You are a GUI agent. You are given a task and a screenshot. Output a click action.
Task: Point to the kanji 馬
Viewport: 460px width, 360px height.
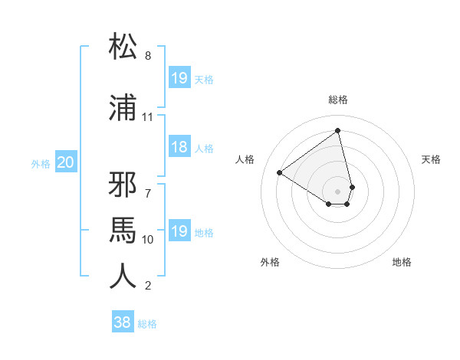click(123, 227)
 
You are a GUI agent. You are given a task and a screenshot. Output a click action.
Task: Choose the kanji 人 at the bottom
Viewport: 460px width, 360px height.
click(123, 276)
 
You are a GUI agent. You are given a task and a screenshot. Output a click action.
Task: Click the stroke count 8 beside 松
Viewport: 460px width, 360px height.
click(148, 56)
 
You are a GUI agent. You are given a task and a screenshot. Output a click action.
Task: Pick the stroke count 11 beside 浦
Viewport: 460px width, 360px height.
click(147, 117)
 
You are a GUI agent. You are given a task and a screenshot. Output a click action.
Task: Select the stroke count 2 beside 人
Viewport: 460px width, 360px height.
click(148, 286)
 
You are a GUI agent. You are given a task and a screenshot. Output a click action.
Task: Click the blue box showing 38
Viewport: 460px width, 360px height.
click(123, 322)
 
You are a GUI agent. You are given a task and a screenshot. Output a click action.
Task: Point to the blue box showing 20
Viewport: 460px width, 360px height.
click(66, 162)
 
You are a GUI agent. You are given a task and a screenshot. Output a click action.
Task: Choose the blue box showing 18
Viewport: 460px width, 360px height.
click(179, 148)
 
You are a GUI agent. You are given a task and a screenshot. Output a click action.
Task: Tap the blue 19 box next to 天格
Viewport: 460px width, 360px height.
click(179, 78)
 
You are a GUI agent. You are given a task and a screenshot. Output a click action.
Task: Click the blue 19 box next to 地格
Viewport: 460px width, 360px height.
click(179, 231)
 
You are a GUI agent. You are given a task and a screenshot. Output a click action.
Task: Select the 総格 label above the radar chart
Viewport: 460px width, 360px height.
click(338, 100)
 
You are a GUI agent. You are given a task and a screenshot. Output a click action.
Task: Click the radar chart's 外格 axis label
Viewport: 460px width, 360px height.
click(270, 263)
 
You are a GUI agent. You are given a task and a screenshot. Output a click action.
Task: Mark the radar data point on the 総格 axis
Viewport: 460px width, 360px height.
click(338, 130)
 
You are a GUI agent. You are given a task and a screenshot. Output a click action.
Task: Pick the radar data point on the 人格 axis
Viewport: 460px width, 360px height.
click(280, 173)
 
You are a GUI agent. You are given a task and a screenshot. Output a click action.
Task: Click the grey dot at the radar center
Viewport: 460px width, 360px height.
click(338, 191)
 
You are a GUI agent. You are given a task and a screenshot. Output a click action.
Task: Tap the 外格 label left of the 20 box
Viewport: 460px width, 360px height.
click(41, 163)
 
